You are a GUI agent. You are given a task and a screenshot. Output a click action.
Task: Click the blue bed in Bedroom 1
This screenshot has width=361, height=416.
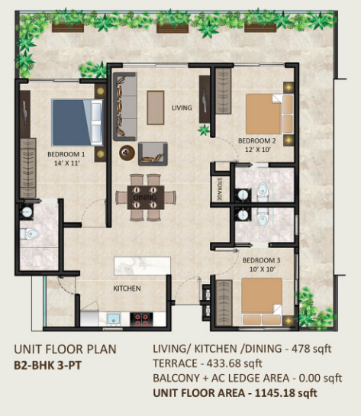77,122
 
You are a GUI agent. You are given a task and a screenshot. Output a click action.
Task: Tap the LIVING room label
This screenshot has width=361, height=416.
182,108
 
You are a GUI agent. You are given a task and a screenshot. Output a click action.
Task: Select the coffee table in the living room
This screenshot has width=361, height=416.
156,108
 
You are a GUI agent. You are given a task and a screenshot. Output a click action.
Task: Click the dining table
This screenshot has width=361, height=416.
146,198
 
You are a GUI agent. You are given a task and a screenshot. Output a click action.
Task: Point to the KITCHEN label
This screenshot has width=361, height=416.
127,289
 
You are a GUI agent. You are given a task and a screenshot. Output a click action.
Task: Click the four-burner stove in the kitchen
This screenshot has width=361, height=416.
141,320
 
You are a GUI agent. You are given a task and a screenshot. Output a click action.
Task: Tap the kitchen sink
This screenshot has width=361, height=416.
114,319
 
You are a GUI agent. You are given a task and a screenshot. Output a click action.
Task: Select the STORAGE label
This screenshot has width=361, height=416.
220,189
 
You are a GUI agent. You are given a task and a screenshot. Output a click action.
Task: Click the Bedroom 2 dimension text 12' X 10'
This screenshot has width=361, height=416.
257,150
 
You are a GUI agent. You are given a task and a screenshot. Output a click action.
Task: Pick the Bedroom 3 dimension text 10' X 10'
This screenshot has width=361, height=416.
262,269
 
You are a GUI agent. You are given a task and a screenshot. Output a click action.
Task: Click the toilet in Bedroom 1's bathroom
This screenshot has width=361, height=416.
30,234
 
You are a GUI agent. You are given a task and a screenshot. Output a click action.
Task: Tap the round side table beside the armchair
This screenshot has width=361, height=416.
127,153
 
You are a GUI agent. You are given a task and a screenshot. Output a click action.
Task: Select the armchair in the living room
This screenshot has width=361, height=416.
153,154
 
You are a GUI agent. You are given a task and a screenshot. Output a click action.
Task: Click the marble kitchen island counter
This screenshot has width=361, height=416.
142,266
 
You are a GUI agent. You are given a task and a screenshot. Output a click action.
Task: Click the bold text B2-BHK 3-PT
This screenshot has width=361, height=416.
48,366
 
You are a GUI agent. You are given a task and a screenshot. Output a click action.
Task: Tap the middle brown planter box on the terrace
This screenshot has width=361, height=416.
172,28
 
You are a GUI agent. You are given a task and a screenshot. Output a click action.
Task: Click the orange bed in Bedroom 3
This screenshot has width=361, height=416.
262,302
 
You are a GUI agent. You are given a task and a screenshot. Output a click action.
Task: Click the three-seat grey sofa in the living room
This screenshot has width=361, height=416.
125,106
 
